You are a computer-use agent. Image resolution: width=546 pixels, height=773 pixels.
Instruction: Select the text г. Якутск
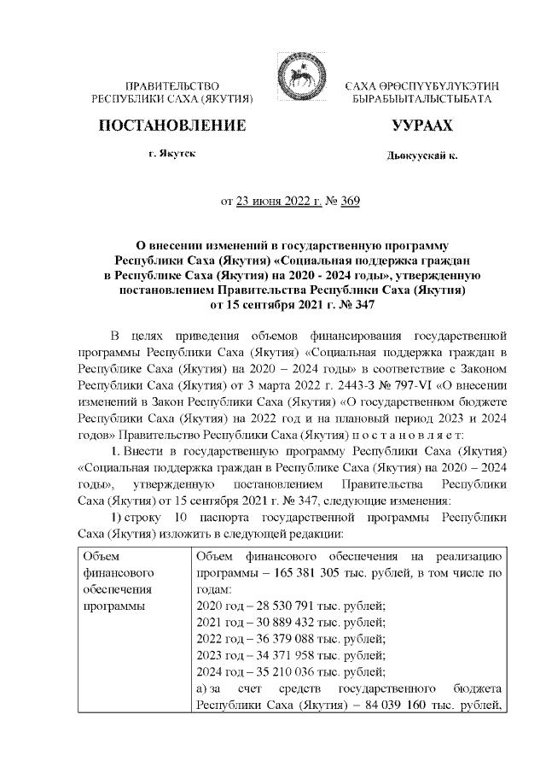[171, 156]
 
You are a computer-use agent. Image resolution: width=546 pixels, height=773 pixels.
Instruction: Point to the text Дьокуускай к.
[421, 158]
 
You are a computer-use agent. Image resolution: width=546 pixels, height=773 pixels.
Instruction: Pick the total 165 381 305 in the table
[302, 573]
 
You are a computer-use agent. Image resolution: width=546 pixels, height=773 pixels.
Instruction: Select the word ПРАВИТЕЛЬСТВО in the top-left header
[173, 88]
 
